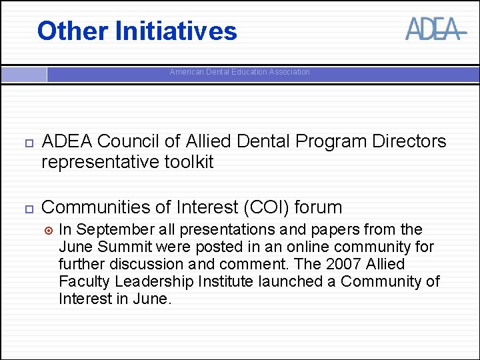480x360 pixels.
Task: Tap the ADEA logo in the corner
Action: [x=433, y=29]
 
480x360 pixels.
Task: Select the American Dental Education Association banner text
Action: [x=239, y=72]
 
